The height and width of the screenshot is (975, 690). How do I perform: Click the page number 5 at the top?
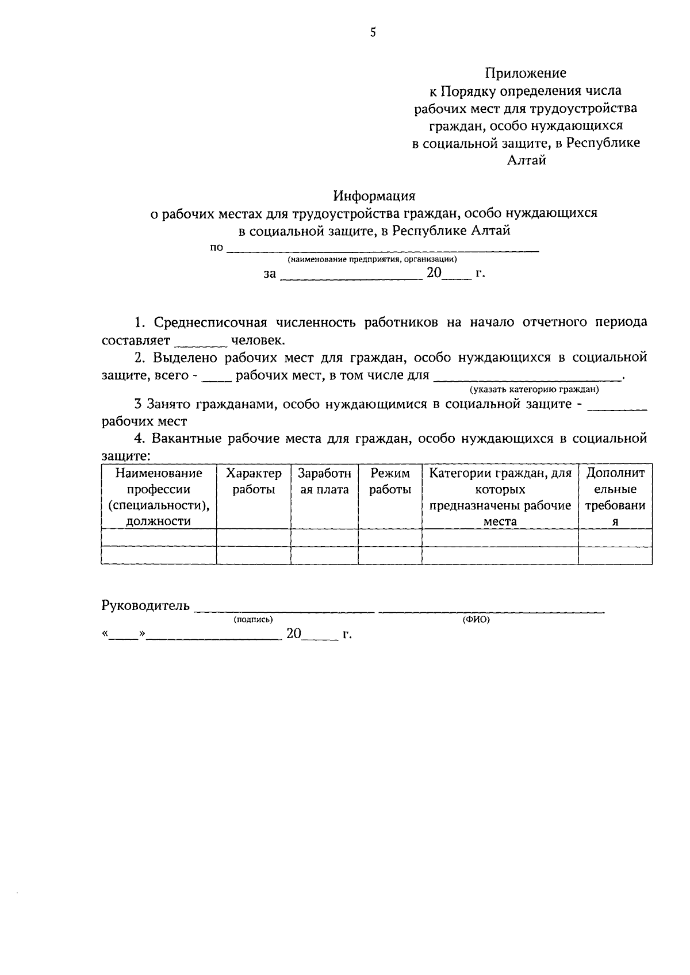(x=373, y=33)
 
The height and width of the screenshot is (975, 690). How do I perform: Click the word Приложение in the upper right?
(x=526, y=73)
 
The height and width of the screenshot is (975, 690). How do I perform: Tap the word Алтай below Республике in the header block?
(x=526, y=160)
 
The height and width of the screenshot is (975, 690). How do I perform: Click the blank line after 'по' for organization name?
(x=383, y=248)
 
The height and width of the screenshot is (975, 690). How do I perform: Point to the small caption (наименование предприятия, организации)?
(x=373, y=260)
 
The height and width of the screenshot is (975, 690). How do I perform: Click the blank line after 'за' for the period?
(x=351, y=275)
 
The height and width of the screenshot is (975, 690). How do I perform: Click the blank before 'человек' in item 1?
(x=200, y=341)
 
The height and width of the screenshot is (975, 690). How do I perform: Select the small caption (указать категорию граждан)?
(x=534, y=390)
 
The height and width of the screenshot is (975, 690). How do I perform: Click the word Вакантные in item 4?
(x=187, y=439)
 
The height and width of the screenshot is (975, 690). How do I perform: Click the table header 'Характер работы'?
(x=254, y=481)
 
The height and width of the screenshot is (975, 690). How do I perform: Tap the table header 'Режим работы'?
(x=390, y=481)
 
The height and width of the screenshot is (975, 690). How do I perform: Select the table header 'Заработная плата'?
(x=324, y=481)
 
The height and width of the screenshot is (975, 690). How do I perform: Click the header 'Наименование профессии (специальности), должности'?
(x=159, y=497)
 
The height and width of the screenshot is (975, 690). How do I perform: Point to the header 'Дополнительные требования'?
(x=615, y=497)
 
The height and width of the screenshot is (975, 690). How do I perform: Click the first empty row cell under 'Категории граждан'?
(x=500, y=538)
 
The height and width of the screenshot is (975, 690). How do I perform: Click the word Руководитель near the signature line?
(x=145, y=605)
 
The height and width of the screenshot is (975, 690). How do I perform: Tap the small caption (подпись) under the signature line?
(x=253, y=620)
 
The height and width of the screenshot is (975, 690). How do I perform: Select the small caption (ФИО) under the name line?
(x=476, y=620)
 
